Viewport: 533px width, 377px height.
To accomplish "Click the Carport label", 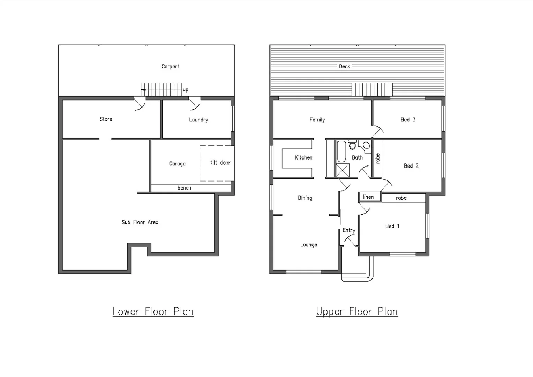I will [170, 66].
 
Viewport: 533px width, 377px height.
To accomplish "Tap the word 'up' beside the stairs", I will [186, 90].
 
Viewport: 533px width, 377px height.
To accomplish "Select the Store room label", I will [106, 119].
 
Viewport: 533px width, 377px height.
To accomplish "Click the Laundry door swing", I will [194, 104].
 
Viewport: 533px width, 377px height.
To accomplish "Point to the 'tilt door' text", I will [220, 163].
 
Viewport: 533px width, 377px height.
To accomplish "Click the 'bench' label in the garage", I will [184, 188].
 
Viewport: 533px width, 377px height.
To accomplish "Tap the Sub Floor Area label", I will [140, 222].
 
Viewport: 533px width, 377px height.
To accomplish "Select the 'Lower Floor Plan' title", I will [153, 311].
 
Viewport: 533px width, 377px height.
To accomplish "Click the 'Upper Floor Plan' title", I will [357, 311].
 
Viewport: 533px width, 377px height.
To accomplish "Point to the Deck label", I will [344, 66].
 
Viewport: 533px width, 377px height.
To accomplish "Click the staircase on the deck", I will [372, 89].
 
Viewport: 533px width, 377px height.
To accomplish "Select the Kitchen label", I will [303, 157].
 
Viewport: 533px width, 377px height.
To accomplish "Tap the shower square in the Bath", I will [342, 170].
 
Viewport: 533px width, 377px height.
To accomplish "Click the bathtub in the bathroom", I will [341, 151].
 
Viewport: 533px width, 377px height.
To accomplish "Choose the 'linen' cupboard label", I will [368, 197].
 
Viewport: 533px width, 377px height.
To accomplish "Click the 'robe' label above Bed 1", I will [401, 198].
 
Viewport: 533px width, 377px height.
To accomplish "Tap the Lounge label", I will [309, 245].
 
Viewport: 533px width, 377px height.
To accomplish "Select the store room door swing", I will [140, 104].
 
